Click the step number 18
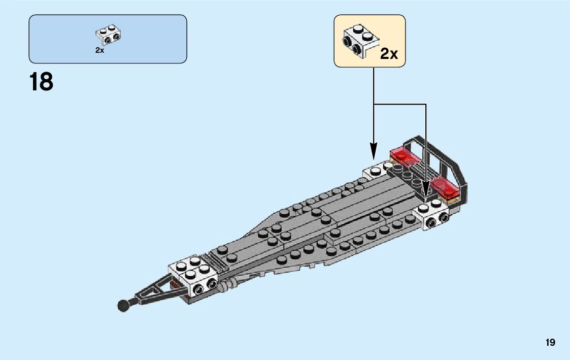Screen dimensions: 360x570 [x=41, y=82]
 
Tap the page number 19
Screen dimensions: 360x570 [x=551, y=343]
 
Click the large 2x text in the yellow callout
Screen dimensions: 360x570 [x=389, y=54]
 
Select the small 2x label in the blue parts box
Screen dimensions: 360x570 [x=99, y=50]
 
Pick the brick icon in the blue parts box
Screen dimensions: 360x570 [x=108, y=34]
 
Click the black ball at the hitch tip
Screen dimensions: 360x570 [x=123, y=305]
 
